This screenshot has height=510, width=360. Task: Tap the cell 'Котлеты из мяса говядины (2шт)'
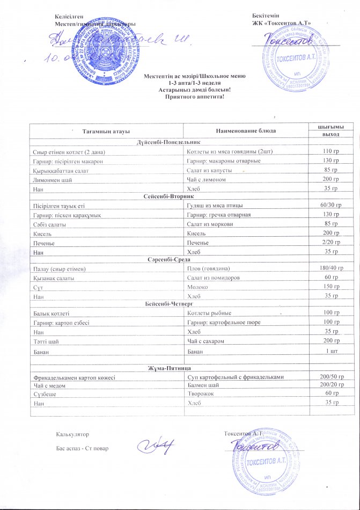(230, 152)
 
